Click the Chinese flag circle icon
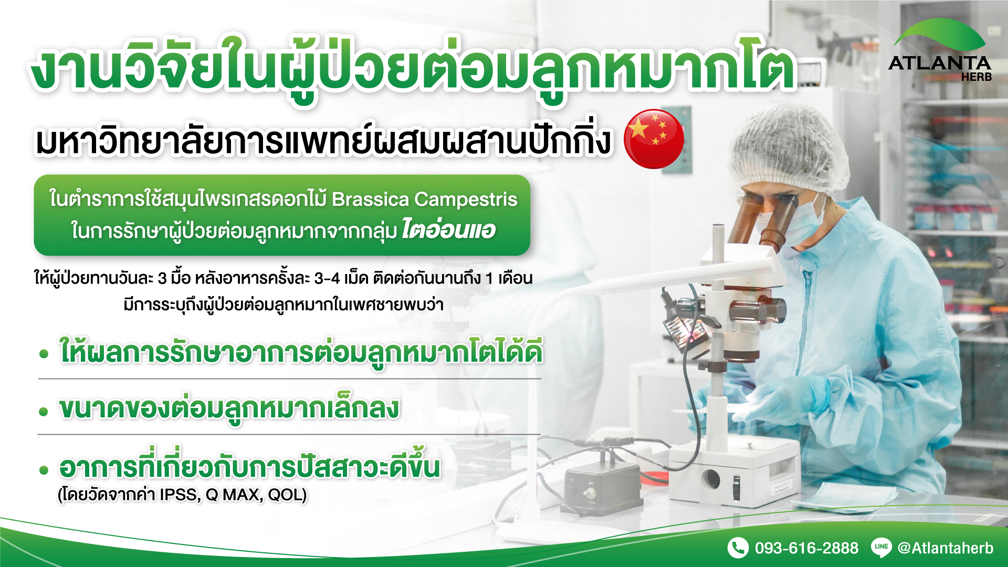coord(654,139)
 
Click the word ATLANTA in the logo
coord(940,63)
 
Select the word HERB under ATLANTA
coord(976,77)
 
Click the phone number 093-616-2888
coord(806,548)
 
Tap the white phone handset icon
coord(738,548)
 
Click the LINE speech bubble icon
coord(881,547)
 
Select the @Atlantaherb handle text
coord(946,548)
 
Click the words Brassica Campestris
coord(424,199)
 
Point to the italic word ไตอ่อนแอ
coord(448,229)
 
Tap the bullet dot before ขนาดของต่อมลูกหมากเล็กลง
coord(44,412)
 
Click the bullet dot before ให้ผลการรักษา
coord(44,354)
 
